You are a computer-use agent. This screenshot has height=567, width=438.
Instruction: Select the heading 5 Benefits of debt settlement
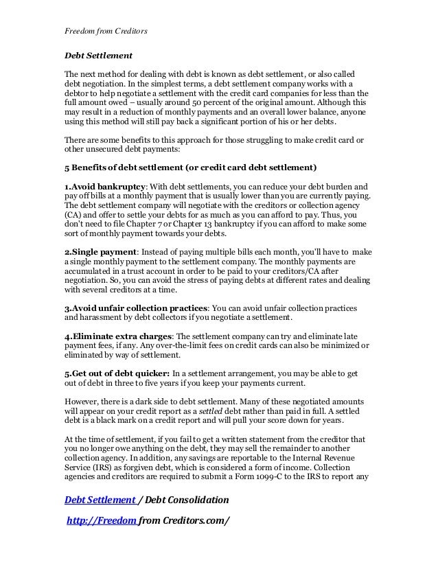[189, 167]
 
